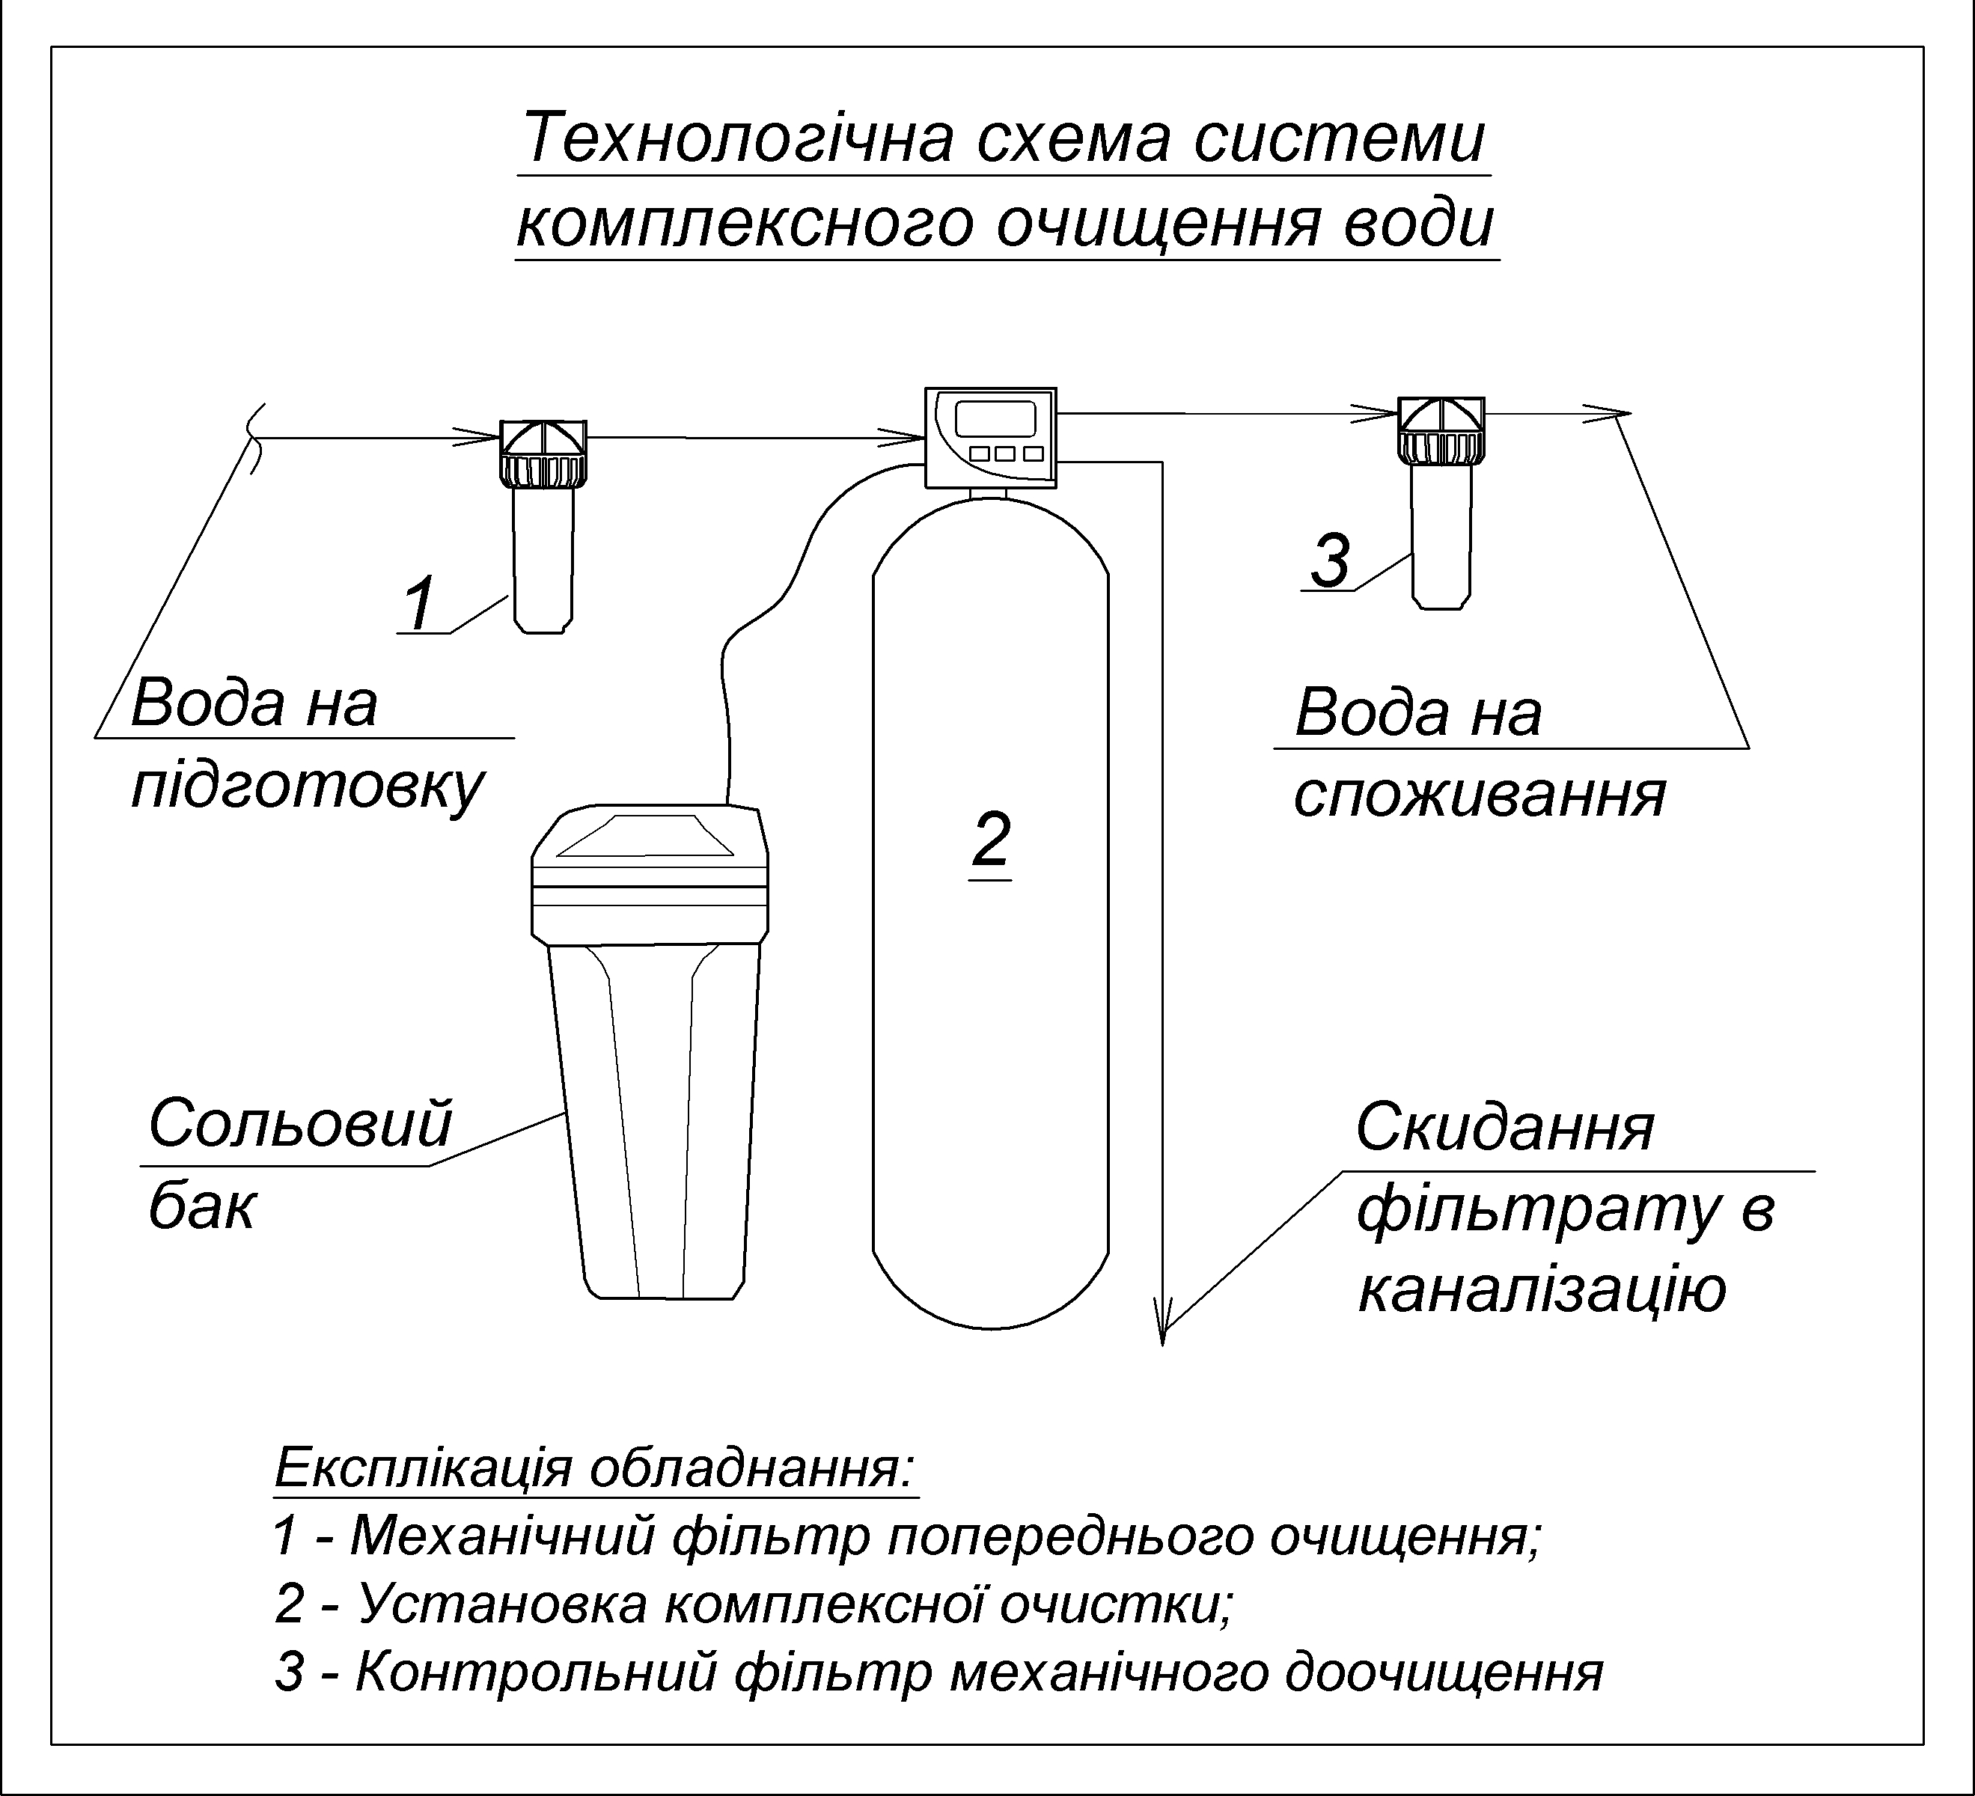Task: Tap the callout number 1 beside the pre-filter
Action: [x=419, y=605]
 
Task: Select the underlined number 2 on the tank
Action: [x=990, y=839]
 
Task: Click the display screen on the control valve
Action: [x=995, y=418]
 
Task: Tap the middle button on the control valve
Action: [x=1004, y=453]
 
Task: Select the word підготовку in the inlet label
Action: [x=308, y=786]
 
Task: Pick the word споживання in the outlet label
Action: [x=1480, y=795]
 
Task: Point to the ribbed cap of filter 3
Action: [x=1439, y=447]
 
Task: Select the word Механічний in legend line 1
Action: [x=501, y=1536]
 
